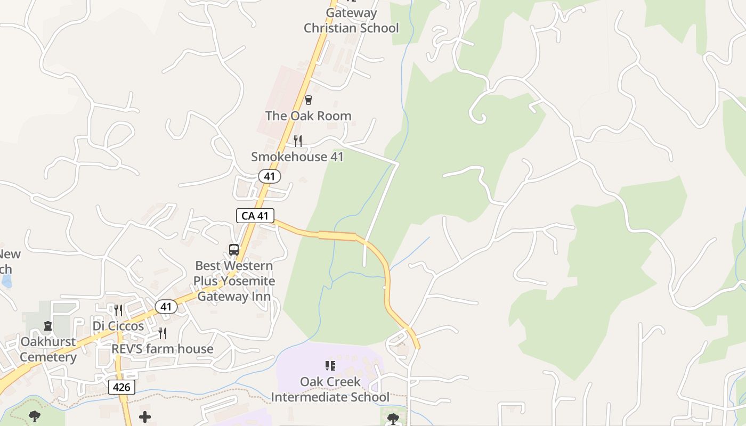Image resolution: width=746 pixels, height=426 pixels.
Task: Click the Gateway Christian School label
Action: click(351, 20)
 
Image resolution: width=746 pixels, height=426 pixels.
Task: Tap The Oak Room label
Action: click(308, 116)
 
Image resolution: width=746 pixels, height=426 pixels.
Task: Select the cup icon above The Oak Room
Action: click(308, 100)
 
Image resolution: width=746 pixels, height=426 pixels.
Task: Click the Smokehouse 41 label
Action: click(297, 157)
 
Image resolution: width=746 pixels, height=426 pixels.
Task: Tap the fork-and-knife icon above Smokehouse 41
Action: click(298, 141)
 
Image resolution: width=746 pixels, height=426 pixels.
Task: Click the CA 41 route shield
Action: click(255, 216)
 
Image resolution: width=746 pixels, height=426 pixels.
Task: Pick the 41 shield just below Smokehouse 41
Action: click(270, 176)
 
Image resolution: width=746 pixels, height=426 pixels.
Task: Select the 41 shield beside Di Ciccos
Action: click(166, 307)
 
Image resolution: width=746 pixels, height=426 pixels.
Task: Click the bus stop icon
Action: click(234, 249)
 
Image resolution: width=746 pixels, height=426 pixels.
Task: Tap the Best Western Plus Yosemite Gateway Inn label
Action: click(234, 281)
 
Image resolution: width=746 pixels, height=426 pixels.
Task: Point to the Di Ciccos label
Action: click(118, 326)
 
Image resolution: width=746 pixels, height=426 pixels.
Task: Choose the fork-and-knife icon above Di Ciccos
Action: click(118, 310)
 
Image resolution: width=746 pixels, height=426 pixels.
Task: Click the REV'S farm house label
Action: click(163, 349)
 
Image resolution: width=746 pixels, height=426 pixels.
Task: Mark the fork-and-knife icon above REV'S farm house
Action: click(163, 333)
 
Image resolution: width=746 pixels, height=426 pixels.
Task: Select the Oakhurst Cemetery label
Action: click(48, 349)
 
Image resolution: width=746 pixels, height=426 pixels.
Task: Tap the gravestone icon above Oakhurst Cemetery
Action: click(48, 325)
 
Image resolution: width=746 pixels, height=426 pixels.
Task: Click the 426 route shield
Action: click(121, 387)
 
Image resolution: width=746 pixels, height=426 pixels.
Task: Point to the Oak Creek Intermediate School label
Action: click(330, 389)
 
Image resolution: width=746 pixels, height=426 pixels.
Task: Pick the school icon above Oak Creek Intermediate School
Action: click(330, 366)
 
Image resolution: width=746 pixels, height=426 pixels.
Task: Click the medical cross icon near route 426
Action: click(145, 417)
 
